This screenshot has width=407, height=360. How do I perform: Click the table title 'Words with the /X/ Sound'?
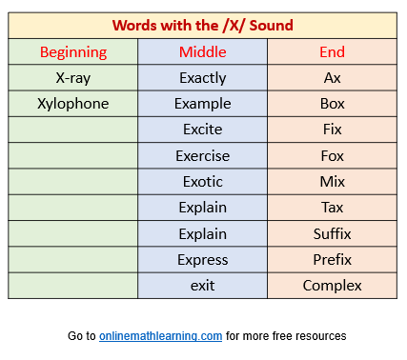(x=203, y=26)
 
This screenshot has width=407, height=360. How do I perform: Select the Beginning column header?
(x=73, y=52)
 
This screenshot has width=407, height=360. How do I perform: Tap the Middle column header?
(x=203, y=51)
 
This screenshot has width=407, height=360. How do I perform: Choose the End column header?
(x=332, y=51)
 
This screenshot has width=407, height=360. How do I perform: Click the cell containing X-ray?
(x=73, y=78)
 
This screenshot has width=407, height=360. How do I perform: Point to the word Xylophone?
(x=73, y=104)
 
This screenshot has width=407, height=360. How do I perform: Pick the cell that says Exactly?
(x=203, y=78)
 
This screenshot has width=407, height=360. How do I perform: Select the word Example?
(x=203, y=104)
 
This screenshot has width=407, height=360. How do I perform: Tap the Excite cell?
(x=203, y=130)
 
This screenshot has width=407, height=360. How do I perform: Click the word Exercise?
(x=203, y=156)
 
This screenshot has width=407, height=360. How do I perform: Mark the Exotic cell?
(x=203, y=182)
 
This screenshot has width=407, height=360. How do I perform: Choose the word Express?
(x=203, y=260)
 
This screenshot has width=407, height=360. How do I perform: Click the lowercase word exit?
(x=203, y=286)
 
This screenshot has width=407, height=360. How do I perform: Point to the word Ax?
(x=332, y=78)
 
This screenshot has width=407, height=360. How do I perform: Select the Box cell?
(x=332, y=104)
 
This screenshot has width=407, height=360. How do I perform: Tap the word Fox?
(x=332, y=156)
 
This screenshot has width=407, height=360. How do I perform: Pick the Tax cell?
(x=332, y=208)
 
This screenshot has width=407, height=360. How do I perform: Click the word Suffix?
(x=332, y=234)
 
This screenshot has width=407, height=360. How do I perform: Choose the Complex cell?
(x=332, y=286)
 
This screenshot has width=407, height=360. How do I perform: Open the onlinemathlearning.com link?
(x=160, y=336)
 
